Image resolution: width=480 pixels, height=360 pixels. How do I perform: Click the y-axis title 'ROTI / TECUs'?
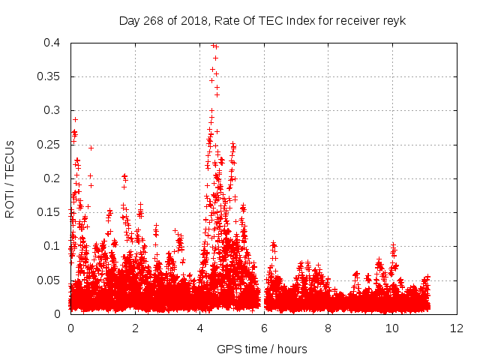pyautogui.click(x=10, y=178)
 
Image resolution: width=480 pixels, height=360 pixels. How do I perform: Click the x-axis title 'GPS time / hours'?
pyautogui.click(x=262, y=349)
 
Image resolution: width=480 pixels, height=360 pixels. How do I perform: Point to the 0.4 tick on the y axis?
pyautogui.click(x=52, y=43)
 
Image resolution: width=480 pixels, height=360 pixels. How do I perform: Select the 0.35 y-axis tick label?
pyautogui.click(x=49, y=76)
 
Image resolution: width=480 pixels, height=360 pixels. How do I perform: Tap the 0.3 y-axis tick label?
pyautogui.click(x=52, y=110)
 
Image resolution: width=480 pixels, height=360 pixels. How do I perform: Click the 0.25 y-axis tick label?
pyautogui.click(x=49, y=144)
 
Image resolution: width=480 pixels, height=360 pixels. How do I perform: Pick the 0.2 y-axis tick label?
pyautogui.click(x=52, y=178)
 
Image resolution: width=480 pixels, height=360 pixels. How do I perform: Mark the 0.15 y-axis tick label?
pyautogui.click(x=49, y=212)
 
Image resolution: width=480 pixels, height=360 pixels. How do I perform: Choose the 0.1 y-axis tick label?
pyautogui.click(x=52, y=246)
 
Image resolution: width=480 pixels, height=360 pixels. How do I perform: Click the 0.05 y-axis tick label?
pyautogui.click(x=49, y=280)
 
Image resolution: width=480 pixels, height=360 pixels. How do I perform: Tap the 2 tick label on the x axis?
pyautogui.click(x=136, y=328)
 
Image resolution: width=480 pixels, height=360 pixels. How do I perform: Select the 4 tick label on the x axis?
pyautogui.click(x=200, y=328)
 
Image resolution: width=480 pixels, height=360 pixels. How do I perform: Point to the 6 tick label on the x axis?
pyautogui.click(x=264, y=328)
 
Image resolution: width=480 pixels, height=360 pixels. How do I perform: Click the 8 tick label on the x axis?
pyautogui.click(x=328, y=328)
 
